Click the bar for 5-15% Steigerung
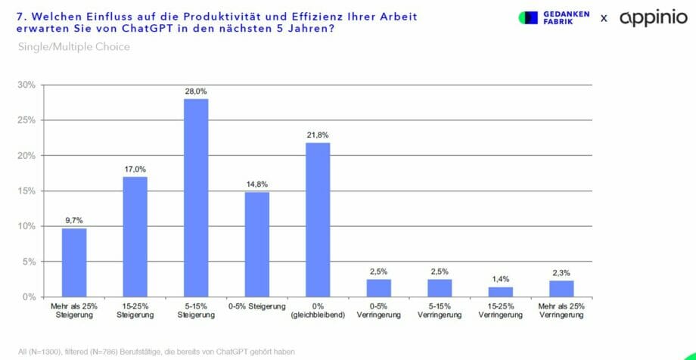196,198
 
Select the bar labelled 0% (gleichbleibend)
318,220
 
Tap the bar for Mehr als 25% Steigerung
74,262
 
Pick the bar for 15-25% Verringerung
501,292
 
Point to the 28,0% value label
196,92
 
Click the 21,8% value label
318,135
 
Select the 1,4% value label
501,280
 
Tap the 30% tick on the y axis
26,85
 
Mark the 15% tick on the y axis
26,191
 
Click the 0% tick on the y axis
29,297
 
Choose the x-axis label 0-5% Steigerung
256,306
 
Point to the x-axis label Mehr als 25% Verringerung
561,310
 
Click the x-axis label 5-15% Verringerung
440,310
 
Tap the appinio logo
653,17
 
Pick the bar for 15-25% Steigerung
135,237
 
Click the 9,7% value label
74,221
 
